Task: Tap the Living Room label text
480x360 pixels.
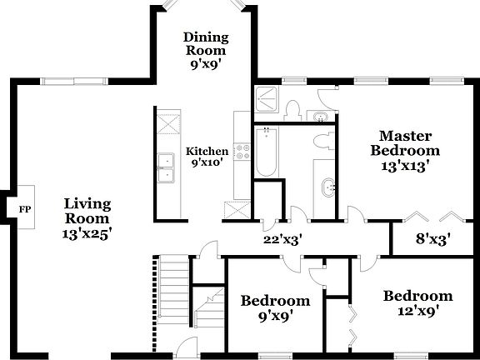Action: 88,219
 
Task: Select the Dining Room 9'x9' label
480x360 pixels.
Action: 205,49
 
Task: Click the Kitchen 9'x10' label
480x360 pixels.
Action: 206,157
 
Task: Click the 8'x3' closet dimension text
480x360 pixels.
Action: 434,239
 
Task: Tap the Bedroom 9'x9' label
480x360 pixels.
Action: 275,308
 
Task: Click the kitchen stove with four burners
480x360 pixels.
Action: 242,152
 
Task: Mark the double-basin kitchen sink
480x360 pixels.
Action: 165,167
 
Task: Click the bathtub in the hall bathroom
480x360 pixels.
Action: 266,152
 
